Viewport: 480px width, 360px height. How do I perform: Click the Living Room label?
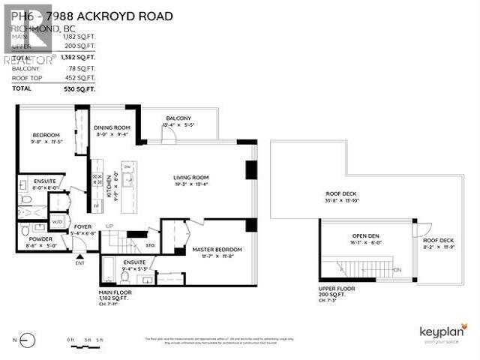coord(190,178)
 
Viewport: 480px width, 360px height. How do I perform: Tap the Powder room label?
coord(40,238)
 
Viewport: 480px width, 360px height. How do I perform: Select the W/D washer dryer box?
coord(58,223)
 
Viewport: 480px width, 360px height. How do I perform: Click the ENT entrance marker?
coord(79,262)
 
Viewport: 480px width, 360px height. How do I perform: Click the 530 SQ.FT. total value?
coord(79,88)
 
